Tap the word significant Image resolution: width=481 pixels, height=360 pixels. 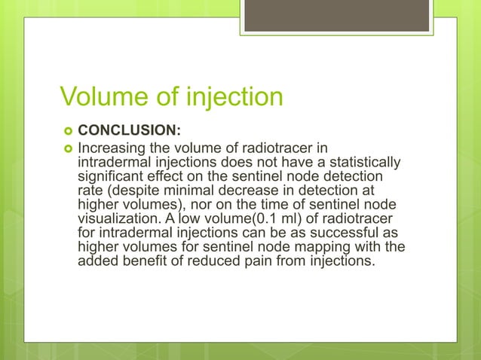point(113,176)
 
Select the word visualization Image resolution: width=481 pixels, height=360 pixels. point(120,218)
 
